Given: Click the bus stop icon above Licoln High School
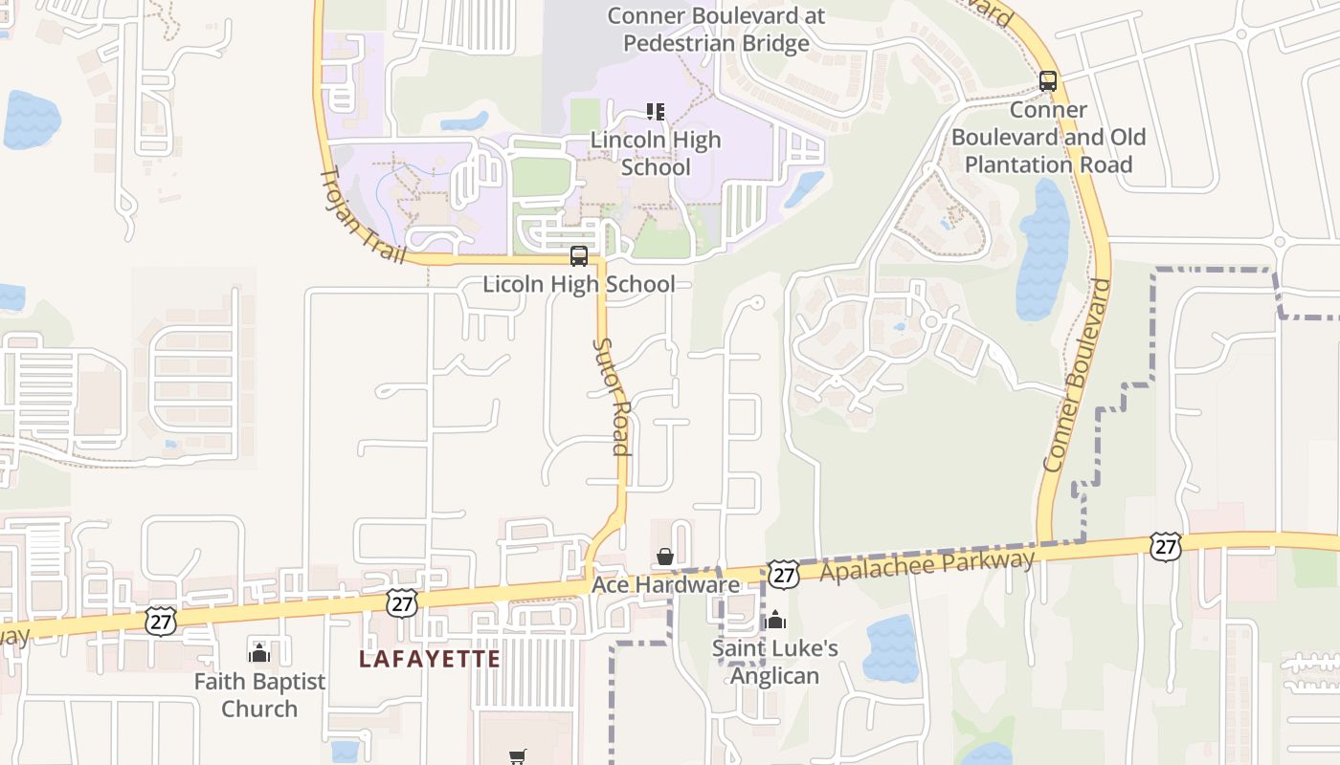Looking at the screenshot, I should (579, 256).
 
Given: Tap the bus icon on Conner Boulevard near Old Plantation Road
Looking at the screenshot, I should (1048, 81).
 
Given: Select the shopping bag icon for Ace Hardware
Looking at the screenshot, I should (665, 557).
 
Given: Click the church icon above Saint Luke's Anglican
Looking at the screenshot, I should (775, 621).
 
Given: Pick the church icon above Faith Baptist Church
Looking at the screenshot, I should (259, 653).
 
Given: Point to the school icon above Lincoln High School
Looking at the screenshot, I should (656, 112).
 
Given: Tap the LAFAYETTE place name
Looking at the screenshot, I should (430, 659).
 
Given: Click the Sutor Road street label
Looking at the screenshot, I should (611, 396).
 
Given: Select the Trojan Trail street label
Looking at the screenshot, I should (362, 215).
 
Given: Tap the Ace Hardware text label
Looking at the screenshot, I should (665, 584).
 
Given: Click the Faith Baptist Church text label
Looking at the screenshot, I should (259, 695).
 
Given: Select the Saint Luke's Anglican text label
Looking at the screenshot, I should (775, 662).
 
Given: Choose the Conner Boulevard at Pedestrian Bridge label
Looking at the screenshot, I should (716, 30).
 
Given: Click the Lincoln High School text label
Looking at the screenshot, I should (656, 153).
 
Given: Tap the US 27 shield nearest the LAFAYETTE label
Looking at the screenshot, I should (402, 602).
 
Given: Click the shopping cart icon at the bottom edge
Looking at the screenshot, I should (518, 756).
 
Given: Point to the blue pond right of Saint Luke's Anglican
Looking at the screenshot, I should (891, 648).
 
